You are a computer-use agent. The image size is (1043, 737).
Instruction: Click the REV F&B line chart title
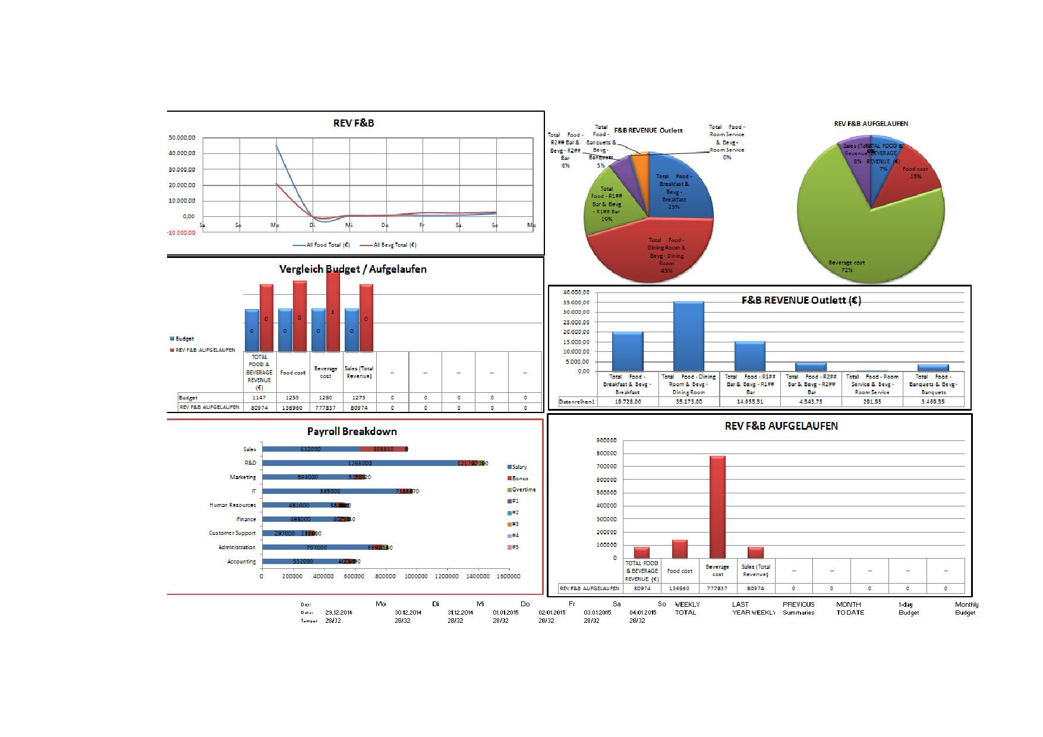coord(354,124)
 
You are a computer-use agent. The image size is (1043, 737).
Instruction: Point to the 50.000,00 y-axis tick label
coord(182,137)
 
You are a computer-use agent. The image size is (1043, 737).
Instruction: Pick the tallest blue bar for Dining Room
coord(688,336)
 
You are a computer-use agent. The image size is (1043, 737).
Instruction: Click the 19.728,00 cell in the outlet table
coord(628,402)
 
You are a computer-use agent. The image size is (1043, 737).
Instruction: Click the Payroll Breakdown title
coord(352,432)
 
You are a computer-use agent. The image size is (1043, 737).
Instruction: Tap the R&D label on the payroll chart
coord(250,463)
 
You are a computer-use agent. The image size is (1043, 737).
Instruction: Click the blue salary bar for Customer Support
coord(284,534)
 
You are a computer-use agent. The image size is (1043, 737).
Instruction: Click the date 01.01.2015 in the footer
coord(505,612)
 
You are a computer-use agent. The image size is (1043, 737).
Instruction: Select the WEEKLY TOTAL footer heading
coord(686,608)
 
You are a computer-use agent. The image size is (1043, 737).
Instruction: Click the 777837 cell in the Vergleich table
coord(326,408)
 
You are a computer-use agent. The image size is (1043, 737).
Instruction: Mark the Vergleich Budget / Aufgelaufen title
coord(353,269)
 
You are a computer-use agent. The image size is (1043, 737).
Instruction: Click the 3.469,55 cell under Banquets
coord(933,402)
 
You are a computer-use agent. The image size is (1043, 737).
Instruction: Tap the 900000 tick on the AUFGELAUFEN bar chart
coord(606,440)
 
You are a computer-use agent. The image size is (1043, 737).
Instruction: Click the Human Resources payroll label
coord(232,505)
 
